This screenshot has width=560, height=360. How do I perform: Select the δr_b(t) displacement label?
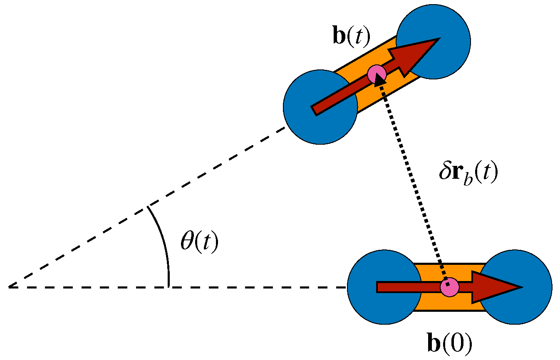coord(468,173)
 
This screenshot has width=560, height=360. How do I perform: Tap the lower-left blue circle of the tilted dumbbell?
coord(308,125)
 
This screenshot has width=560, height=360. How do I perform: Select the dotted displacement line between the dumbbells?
coord(412,179)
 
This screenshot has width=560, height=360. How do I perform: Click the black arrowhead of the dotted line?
coord(379,80)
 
